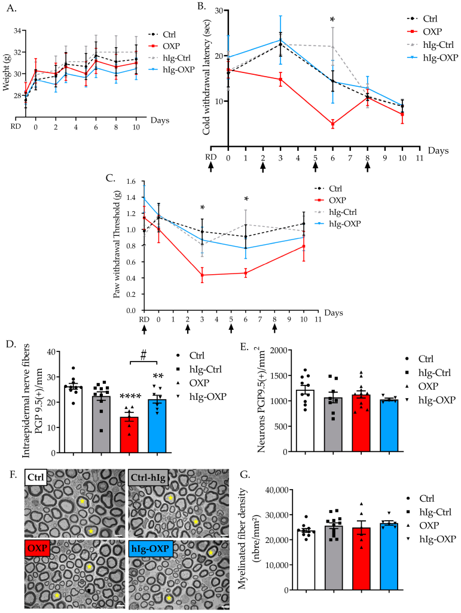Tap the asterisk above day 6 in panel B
coord(333,20)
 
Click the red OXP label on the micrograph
coord(36,545)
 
